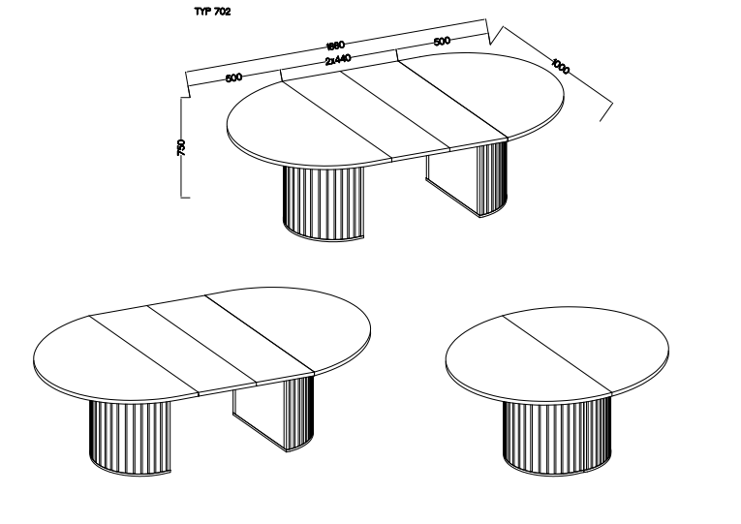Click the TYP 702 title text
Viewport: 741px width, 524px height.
coord(213,12)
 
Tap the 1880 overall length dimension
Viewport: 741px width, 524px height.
coord(335,46)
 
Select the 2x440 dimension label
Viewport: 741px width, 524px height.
coord(338,60)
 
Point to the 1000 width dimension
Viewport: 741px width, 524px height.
coord(561,67)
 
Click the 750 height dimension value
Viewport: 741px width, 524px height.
coord(181,147)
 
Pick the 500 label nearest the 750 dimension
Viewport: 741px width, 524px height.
coord(234,77)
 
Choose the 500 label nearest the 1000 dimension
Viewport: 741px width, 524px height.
coord(442,41)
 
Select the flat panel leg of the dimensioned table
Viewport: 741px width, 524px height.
coord(451,182)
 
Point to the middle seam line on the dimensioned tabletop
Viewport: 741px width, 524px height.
coord(395,111)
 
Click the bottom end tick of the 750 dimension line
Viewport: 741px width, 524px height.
coord(185,197)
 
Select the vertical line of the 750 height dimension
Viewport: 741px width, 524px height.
coord(181,147)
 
